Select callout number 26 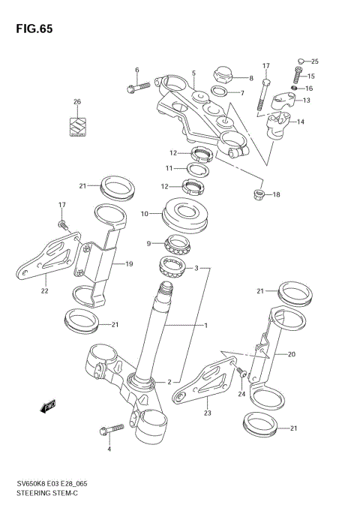click(x=76, y=102)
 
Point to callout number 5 click(x=193, y=74)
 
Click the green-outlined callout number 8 click(x=251, y=78)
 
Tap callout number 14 click(x=301, y=122)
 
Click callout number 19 click(x=129, y=264)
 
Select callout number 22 click(x=44, y=291)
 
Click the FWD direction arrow click(x=49, y=406)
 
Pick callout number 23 click(x=208, y=412)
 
